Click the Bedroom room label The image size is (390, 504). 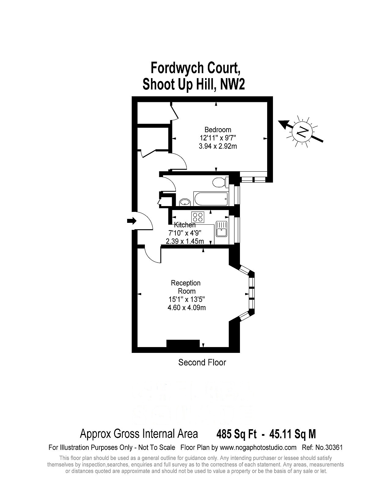coord(218,129)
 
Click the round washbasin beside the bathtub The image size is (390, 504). coord(185,202)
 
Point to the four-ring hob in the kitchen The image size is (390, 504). coord(197,217)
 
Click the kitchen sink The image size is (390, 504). coord(221,229)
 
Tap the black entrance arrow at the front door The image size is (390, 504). coord(132,221)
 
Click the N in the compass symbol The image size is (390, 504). coord(302,132)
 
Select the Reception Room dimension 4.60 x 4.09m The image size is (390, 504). coord(186,308)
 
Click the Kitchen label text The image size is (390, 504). coord(185,225)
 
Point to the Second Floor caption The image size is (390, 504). coord(202,362)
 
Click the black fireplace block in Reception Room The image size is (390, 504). coord(183,343)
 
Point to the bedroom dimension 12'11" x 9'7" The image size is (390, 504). coord(218,138)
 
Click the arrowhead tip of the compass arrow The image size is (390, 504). coord(279,122)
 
